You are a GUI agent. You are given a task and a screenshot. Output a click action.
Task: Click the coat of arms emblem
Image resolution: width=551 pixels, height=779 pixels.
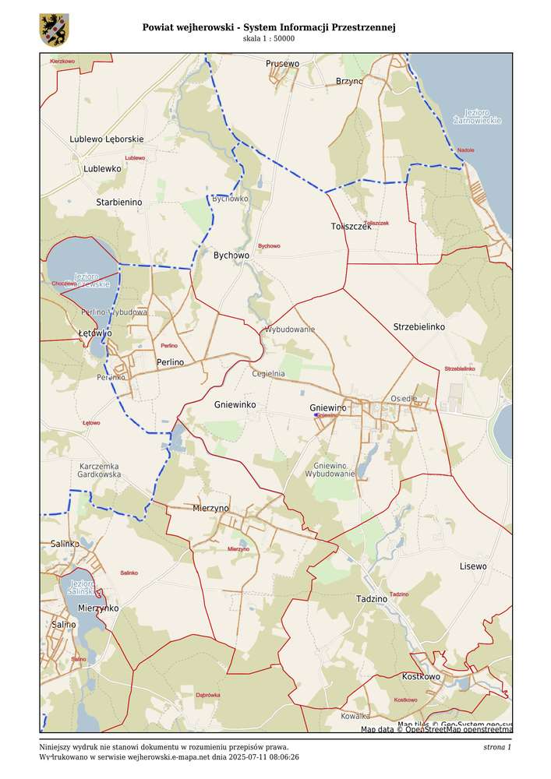[54, 29]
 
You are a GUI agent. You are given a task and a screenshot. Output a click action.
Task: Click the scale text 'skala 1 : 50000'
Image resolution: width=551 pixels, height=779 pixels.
[269, 38]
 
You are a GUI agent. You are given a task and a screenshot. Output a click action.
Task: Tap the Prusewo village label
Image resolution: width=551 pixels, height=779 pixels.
[282, 63]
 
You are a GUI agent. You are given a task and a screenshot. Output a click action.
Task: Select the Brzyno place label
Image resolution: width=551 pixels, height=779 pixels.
[349, 81]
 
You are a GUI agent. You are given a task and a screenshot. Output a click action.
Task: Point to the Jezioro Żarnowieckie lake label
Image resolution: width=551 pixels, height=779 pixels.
[477, 116]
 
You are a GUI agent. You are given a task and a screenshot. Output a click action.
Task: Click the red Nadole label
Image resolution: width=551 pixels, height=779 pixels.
[465, 150]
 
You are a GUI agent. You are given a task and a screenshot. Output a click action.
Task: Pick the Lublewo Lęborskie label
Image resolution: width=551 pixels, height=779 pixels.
[107, 139]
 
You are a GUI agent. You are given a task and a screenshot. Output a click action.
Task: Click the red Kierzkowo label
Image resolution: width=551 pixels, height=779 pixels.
[62, 60]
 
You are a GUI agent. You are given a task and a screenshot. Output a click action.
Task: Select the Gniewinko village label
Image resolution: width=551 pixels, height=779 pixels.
[235, 405]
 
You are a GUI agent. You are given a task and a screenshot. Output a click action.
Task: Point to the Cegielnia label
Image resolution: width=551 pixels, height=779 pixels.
[268, 374]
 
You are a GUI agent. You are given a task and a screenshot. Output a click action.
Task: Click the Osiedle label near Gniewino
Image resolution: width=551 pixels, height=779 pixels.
[404, 398]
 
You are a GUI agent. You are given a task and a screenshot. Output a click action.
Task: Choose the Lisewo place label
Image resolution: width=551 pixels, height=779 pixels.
[473, 566]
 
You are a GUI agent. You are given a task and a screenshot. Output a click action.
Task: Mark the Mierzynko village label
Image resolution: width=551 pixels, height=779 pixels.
[98, 608]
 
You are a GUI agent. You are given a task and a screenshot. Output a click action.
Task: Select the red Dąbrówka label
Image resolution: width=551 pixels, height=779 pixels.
[208, 694]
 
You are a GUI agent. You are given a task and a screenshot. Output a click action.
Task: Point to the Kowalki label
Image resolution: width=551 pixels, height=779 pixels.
[355, 715]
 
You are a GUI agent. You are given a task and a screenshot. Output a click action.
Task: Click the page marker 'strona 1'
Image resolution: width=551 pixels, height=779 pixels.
[496, 747]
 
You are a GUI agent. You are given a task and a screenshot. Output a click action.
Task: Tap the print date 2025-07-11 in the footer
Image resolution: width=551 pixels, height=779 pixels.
[253, 756]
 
